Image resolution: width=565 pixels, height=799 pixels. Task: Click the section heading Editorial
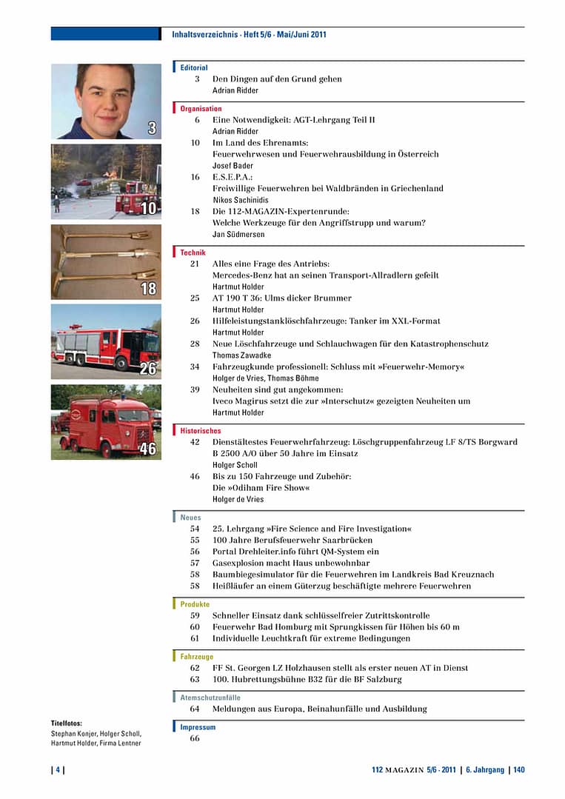[x=194, y=67]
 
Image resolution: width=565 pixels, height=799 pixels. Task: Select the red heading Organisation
[x=201, y=109]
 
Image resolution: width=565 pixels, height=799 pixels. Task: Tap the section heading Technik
[x=193, y=253]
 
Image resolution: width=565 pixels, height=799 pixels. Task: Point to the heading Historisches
[x=201, y=430]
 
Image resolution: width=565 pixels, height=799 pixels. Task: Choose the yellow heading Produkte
[x=195, y=604]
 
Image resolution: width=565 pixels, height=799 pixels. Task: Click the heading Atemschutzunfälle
[x=210, y=698]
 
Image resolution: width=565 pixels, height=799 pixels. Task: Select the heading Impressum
[x=198, y=727]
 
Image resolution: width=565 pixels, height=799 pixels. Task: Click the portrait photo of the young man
[x=105, y=101]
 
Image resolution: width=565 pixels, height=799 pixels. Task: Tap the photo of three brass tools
[x=105, y=261]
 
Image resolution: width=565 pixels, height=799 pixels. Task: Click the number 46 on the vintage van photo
[x=148, y=449]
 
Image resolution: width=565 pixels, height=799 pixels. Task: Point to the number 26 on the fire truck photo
[x=148, y=368]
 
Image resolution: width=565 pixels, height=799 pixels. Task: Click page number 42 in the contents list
[x=195, y=442]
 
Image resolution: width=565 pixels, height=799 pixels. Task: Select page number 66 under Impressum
[x=195, y=738]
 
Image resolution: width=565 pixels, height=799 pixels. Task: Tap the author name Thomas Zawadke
[x=241, y=355]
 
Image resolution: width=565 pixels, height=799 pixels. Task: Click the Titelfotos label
[x=67, y=723]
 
